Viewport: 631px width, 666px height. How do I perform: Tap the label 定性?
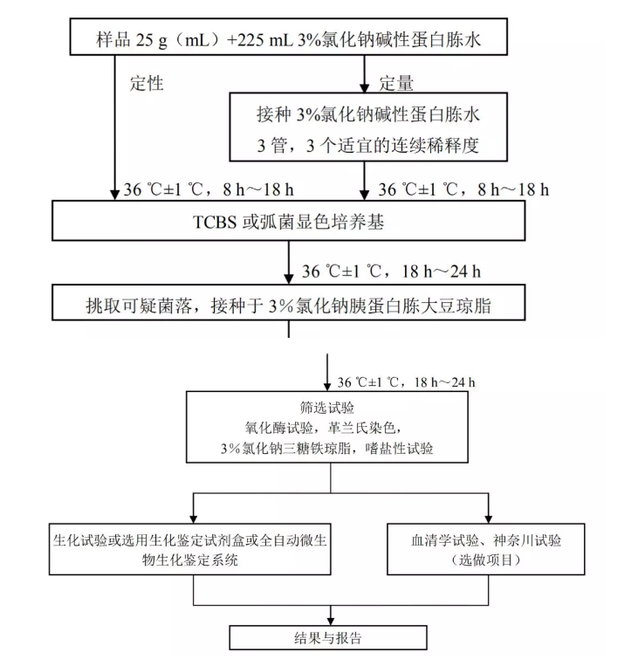tap(146, 84)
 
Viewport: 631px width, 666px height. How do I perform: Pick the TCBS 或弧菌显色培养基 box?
tap(288, 223)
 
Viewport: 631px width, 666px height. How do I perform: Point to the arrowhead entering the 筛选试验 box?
tap(327, 386)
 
